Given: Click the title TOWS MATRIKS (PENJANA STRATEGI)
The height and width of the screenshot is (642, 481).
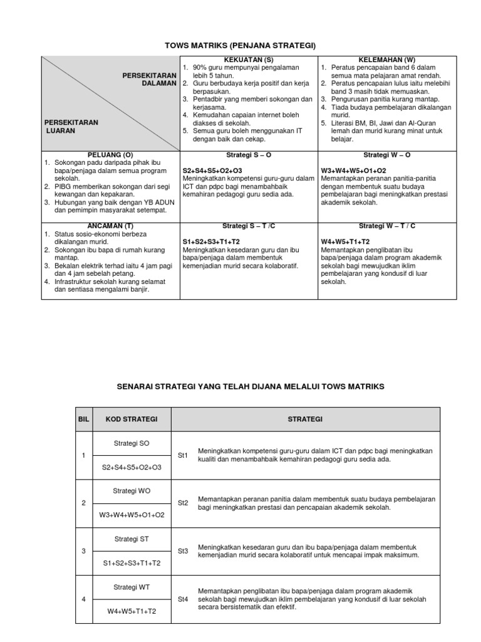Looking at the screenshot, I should pyautogui.click(x=240, y=46).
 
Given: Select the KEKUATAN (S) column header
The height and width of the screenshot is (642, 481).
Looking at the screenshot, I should pyautogui.click(x=248, y=60).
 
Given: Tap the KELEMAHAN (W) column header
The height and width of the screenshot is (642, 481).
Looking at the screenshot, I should pyautogui.click(x=387, y=60).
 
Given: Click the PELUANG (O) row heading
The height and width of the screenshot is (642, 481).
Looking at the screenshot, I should pyautogui.click(x=110, y=154).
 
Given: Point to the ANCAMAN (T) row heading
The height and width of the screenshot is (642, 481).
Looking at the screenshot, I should pyautogui.click(x=110, y=226).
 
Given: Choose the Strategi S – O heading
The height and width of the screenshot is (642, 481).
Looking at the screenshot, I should pyautogui.click(x=248, y=154).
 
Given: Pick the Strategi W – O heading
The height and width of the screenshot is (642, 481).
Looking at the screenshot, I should pyautogui.click(x=387, y=154).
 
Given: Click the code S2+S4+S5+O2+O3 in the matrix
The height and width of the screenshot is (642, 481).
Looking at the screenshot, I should pyautogui.click(x=212, y=171).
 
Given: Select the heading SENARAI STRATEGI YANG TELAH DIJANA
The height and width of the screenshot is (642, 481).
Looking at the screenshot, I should pyautogui.click(x=251, y=387).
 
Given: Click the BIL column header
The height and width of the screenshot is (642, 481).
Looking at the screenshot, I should pyautogui.click(x=83, y=419).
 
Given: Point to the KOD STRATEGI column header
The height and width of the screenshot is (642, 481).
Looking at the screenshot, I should pyautogui.click(x=132, y=419).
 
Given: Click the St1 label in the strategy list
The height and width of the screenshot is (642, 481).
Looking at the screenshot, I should pyautogui.click(x=183, y=456).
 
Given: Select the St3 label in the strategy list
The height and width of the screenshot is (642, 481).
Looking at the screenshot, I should pyautogui.click(x=183, y=551).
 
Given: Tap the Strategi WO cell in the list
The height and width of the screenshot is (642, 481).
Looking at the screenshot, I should pyautogui.click(x=132, y=491).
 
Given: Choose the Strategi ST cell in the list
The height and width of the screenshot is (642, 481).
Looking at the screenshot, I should pyautogui.click(x=132, y=539).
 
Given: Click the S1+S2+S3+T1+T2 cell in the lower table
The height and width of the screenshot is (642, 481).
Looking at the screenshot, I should pyautogui.click(x=132, y=563).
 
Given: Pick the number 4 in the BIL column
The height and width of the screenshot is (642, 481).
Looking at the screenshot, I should pyautogui.click(x=83, y=599).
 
